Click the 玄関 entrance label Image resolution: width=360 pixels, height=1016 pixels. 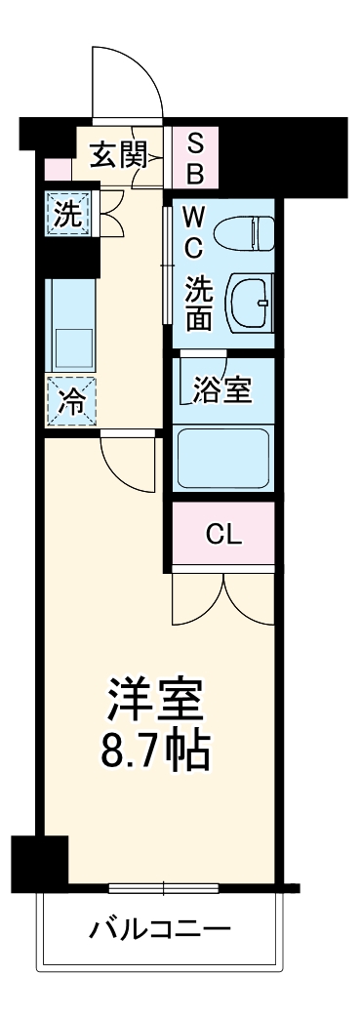[x=118, y=155]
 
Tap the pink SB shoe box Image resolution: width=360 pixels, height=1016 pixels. [x=195, y=158]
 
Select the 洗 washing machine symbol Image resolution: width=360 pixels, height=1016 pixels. [x=67, y=214]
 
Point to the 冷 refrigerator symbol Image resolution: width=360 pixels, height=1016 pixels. [x=69, y=399]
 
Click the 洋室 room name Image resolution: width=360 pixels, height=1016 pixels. [x=155, y=700]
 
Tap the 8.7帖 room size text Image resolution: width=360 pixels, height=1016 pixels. [x=155, y=751]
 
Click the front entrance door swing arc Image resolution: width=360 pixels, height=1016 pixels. [x=127, y=83]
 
